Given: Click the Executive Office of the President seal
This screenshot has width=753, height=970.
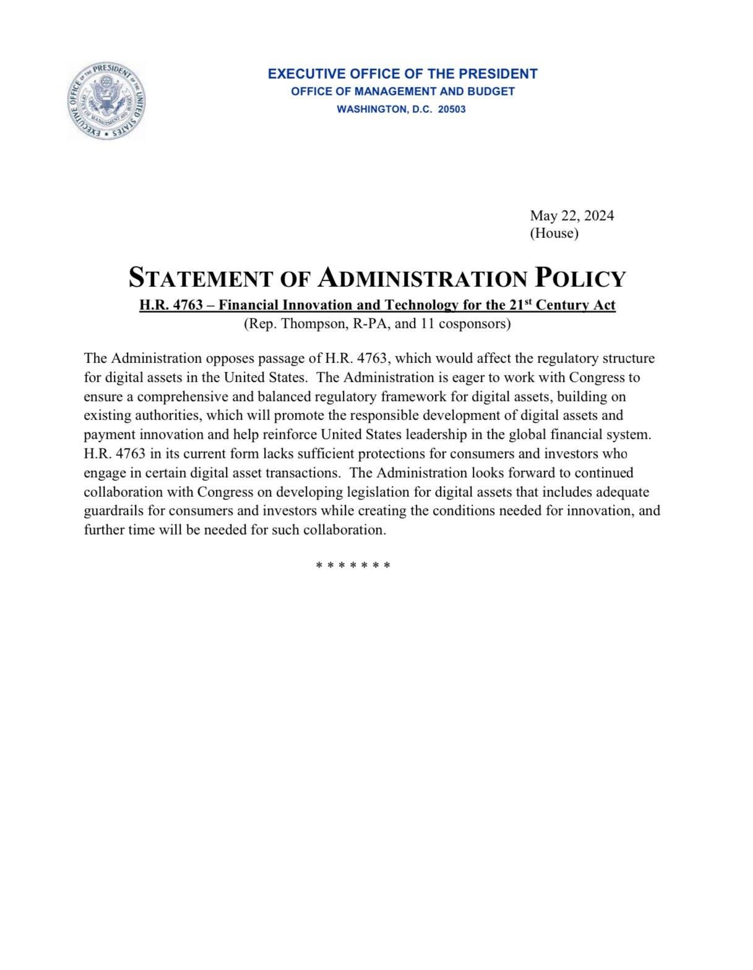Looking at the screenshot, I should pos(106,101).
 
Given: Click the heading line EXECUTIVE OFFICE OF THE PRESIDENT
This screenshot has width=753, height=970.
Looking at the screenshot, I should pos(402,74).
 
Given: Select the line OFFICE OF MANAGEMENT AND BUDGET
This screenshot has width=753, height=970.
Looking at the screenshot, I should pos(402,92).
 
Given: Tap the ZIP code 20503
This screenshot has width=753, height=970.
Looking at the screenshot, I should pos(451,110).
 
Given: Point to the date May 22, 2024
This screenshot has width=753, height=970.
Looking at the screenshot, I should pos(572,216).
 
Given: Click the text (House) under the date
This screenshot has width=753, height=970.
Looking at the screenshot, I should pos(554,234).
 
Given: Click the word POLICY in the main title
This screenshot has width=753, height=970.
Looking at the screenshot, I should pos(580,278).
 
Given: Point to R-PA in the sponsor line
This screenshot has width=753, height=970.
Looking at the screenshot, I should pos(368,323).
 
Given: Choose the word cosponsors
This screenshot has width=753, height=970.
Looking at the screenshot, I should pos(473,323).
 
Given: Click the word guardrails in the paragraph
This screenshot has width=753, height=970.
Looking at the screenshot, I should pos(114,511).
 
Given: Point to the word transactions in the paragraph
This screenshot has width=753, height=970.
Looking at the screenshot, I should pos(304,473).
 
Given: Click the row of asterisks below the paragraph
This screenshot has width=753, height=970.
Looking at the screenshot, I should pos(353,566).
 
